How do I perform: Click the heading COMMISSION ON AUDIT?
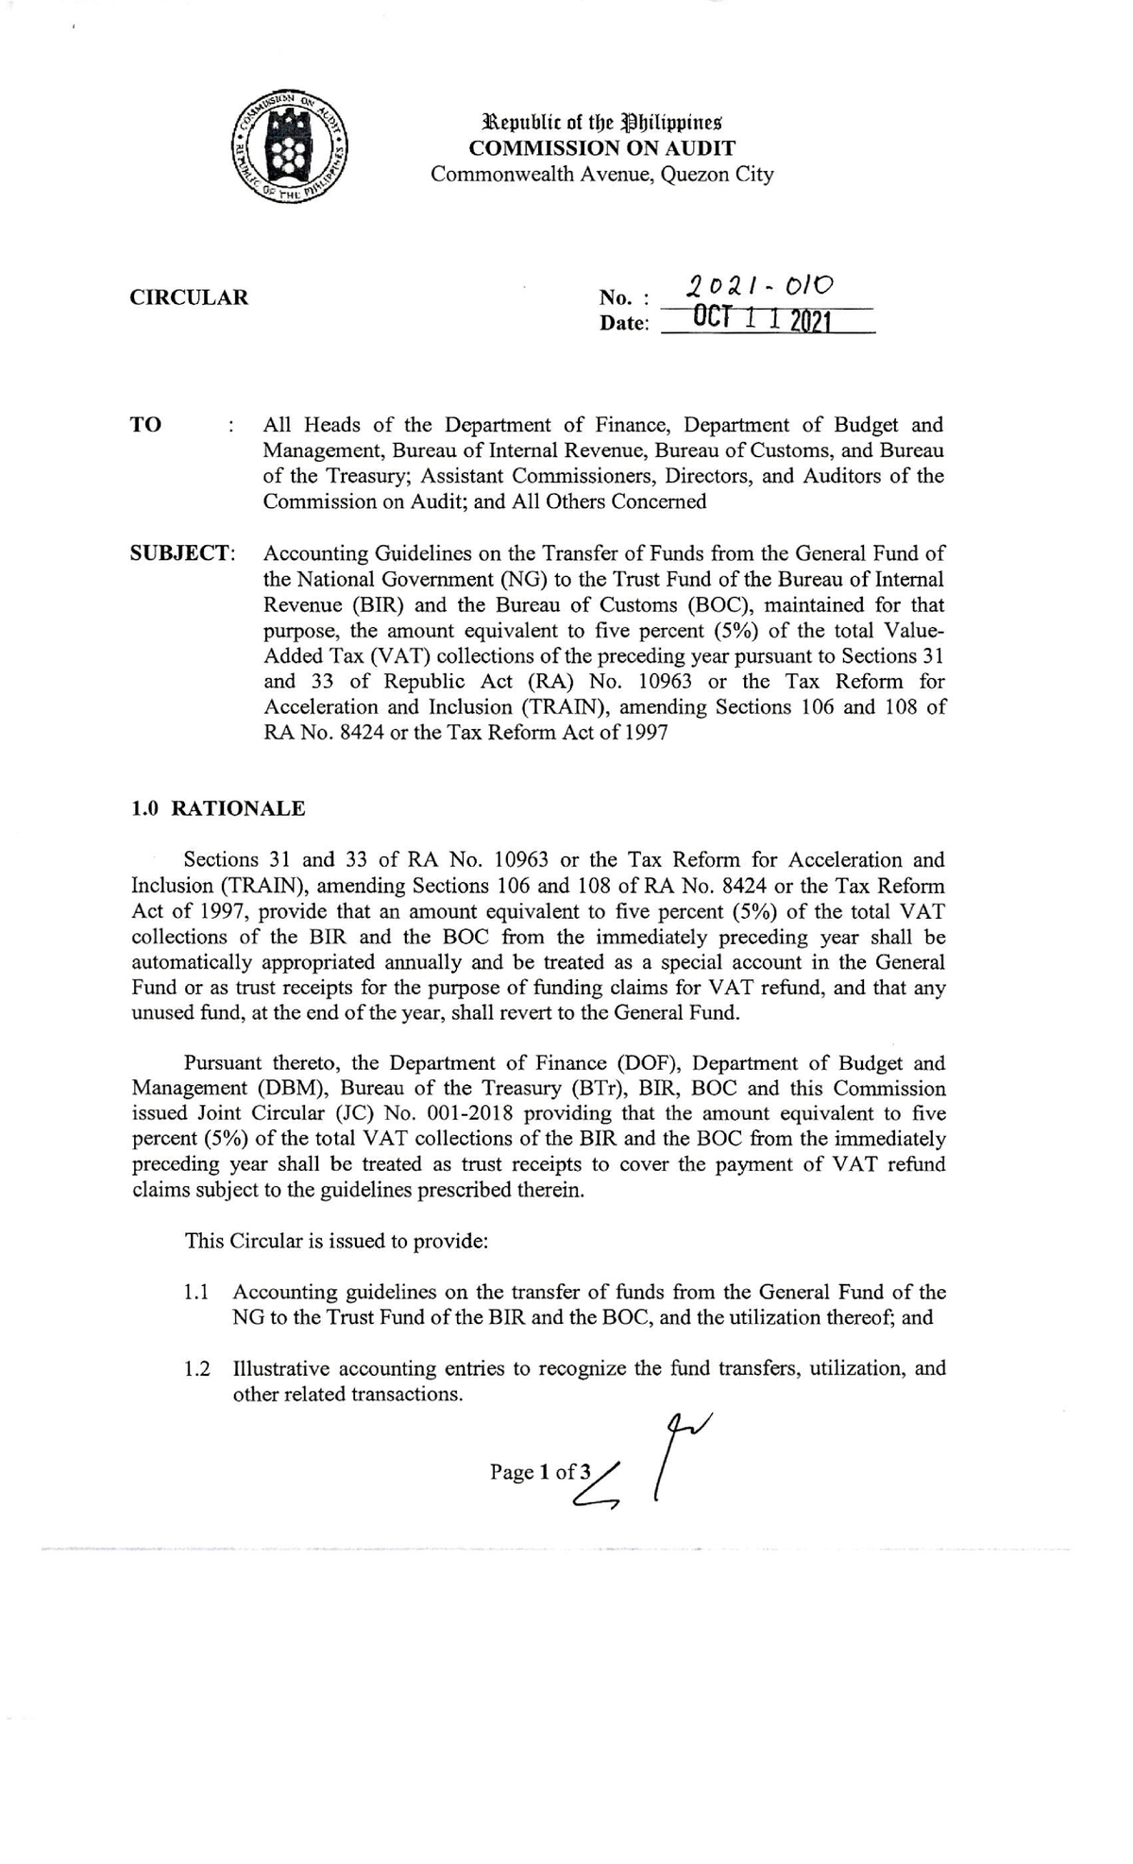(x=602, y=148)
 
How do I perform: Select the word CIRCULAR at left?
(x=189, y=297)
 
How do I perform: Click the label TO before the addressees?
(x=146, y=425)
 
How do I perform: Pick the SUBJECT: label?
(x=182, y=553)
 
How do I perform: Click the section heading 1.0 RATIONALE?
(x=218, y=808)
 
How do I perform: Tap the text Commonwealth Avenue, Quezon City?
(x=602, y=175)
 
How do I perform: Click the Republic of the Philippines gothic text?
(x=602, y=123)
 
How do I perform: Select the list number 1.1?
(x=197, y=1293)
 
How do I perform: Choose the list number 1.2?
(x=197, y=1369)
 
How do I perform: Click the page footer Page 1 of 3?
(x=540, y=1472)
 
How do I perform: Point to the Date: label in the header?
(x=624, y=324)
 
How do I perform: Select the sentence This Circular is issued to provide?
(x=337, y=1241)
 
